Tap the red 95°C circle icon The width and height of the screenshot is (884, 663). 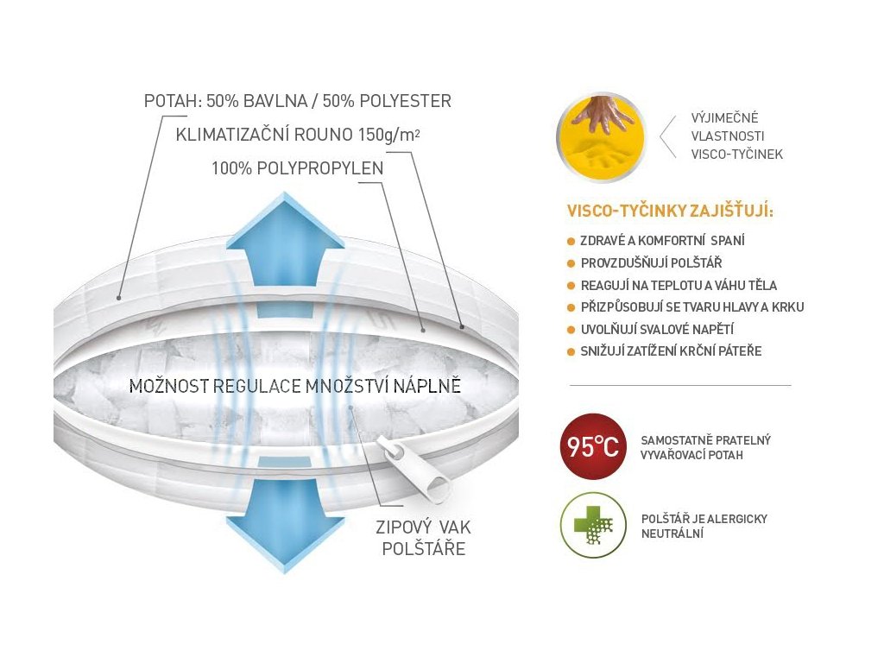[592, 446]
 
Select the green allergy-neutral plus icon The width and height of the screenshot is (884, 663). [592, 526]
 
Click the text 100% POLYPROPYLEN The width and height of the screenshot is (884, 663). [297, 168]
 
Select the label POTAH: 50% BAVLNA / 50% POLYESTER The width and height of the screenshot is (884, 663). [297, 101]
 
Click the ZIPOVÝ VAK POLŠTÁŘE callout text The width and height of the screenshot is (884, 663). [423, 537]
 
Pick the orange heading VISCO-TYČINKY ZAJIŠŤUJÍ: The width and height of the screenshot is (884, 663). [670, 211]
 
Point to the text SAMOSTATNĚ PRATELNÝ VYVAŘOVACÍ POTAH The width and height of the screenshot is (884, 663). [705, 447]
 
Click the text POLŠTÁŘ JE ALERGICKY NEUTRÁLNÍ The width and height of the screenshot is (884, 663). [704, 526]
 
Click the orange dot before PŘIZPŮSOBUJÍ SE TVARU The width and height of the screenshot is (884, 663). [571, 307]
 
